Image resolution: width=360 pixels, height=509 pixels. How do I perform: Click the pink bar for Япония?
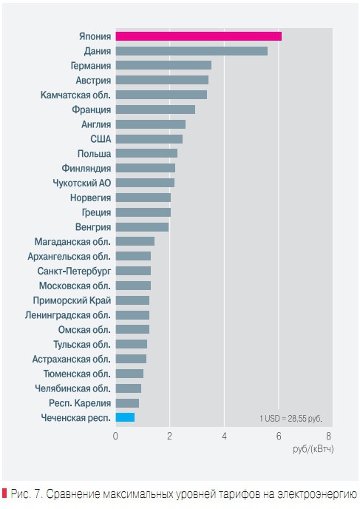[x=198, y=36]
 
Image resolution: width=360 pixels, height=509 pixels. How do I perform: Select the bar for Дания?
[x=191, y=51]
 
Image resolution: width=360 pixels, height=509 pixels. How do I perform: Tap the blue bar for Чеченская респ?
[x=125, y=417]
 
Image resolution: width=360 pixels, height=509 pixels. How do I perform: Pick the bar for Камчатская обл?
[x=161, y=95]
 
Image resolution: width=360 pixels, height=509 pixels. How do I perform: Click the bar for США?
[x=149, y=138]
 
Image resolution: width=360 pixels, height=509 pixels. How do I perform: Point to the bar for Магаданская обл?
[x=135, y=241]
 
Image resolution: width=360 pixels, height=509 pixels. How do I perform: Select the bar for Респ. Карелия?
[x=127, y=402]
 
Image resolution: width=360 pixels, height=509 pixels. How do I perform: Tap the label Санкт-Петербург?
[x=74, y=271]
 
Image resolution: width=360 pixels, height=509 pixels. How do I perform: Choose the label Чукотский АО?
[x=82, y=183]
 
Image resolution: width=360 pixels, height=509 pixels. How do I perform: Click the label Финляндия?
[x=86, y=168]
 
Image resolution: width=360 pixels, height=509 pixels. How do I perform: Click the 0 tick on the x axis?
[x=115, y=436]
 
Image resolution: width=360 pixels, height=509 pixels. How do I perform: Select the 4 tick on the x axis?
[x=224, y=436]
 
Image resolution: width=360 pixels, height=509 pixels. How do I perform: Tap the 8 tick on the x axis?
[x=329, y=436]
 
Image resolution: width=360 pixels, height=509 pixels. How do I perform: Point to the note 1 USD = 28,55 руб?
[x=291, y=418]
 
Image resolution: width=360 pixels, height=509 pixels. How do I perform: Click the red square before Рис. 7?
[x=4, y=493]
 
